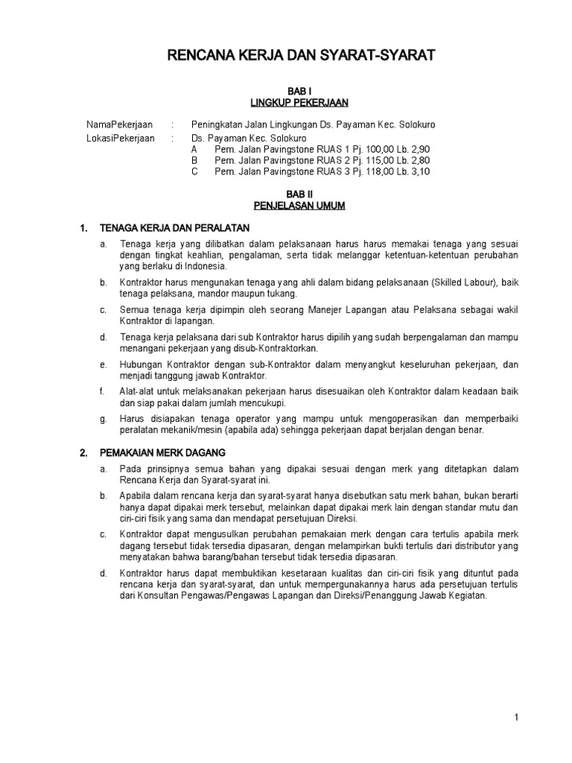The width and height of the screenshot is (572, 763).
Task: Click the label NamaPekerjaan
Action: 120,125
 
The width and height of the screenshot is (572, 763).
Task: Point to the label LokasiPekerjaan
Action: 121,138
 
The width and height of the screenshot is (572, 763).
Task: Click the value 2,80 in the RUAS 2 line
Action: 420,160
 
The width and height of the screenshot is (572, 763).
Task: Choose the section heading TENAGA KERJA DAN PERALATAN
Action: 176,227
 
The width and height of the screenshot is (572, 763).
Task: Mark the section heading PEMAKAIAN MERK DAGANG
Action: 163,452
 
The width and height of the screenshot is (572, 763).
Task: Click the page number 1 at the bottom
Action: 515,718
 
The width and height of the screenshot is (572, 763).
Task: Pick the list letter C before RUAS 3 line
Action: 194,171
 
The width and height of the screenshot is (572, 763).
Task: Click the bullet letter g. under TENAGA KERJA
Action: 103,419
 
